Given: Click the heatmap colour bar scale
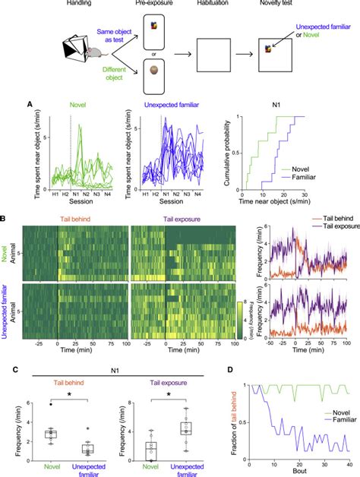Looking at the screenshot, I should (x=239, y=311).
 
